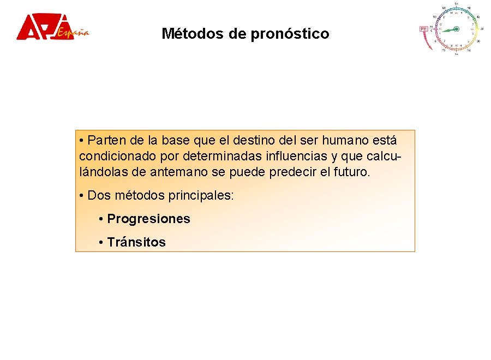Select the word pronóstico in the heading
pyautogui.click(x=290, y=34)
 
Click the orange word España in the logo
pyautogui.click(x=73, y=32)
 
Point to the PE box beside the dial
pyautogui.click(x=423, y=29)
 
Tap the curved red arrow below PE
pyautogui.click(x=426, y=41)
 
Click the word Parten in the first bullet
pyautogui.click(x=105, y=141)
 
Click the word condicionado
pyautogui.click(x=117, y=157)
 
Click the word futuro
pyautogui.click(x=352, y=173)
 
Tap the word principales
pyautogui.click(x=201, y=196)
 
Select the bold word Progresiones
pyautogui.click(x=148, y=219)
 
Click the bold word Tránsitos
pyautogui.click(x=136, y=242)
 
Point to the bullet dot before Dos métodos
pyautogui.click(x=81, y=196)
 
